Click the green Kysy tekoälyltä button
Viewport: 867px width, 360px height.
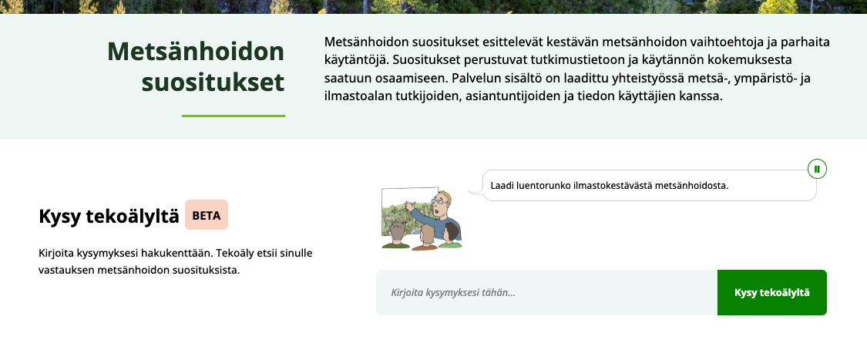(771, 293)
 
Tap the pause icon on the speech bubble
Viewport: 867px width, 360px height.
(817, 168)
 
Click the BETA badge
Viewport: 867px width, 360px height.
(207, 216)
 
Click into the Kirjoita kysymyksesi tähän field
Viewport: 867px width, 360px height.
(546, 293)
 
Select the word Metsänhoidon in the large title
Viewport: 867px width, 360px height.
(196, 52)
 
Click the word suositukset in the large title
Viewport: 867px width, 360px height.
(213, 81)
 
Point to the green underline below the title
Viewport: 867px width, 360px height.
(234, 116)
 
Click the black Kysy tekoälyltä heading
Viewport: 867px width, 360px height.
(109, 217)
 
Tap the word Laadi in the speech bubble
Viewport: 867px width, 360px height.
(503, 185)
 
